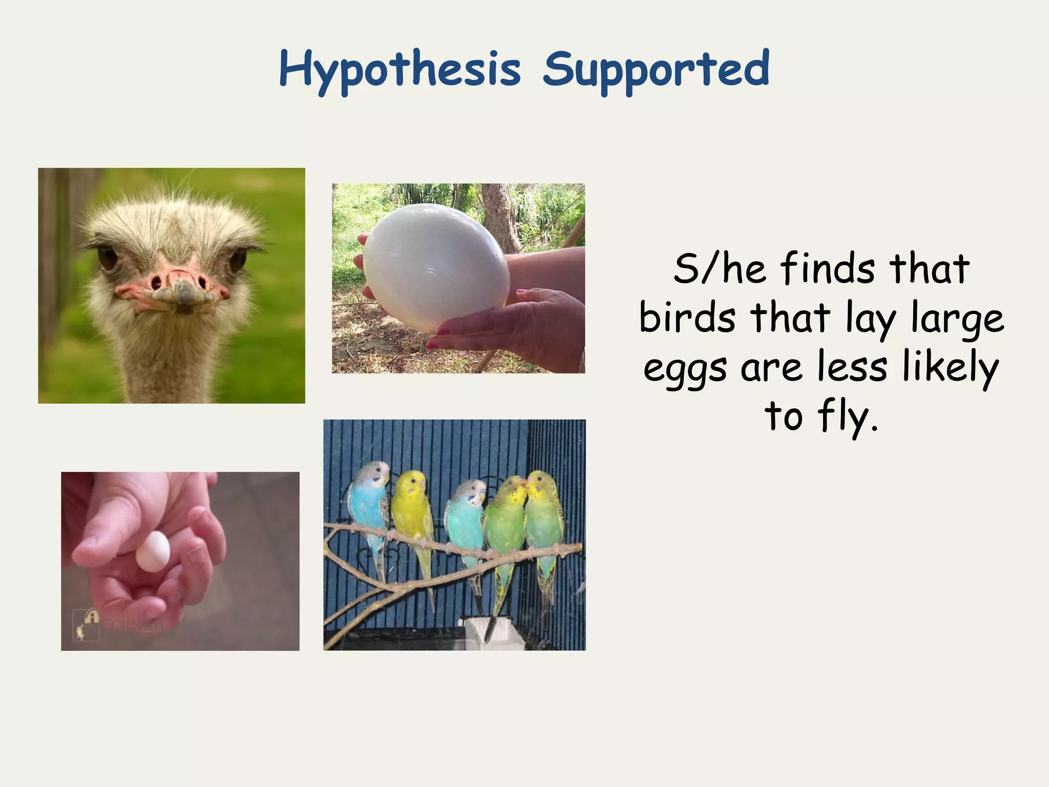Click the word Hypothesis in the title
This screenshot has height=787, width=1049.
coord(400,69)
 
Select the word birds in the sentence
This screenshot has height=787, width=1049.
coord(687,318)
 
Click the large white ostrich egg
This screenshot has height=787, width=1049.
coord(435,266)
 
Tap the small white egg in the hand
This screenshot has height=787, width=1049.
coord(153,551)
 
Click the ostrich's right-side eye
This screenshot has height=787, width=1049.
coord(237,260)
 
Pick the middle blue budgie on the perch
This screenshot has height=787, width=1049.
coord(465,517)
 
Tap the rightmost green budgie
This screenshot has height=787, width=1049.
coord(544,517)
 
